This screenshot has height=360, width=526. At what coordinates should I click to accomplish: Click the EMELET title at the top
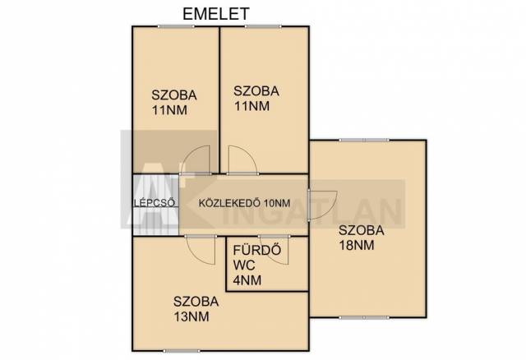[x=216, y=14]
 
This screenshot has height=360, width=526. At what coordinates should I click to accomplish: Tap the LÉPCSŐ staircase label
[x=154, y=203]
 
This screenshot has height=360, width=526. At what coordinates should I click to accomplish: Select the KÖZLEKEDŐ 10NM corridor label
[x=245, y=203]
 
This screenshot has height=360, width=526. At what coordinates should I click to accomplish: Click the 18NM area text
[x=356, y=246]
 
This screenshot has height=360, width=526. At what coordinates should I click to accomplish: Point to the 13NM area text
[x=191, y=316]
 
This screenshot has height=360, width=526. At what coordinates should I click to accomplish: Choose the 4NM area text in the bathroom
[x=247, y=280]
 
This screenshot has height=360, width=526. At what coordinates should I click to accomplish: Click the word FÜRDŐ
[x=257, y=250]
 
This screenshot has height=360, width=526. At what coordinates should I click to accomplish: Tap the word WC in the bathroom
[x=244, y=265]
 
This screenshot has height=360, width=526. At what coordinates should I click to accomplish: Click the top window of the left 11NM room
[x=176, y=26]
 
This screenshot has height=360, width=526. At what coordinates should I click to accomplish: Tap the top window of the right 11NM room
[x=263, y=26]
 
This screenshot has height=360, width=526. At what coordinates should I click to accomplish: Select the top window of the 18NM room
[x=364, y=140]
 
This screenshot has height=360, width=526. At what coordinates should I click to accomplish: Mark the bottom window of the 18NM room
[x=364, y=317]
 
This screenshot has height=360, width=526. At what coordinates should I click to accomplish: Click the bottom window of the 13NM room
[x=181, y=351]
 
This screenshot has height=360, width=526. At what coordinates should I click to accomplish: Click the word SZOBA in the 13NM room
[x=196, y=302]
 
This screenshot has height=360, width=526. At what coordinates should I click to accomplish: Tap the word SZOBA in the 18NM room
[x=362, y=230]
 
